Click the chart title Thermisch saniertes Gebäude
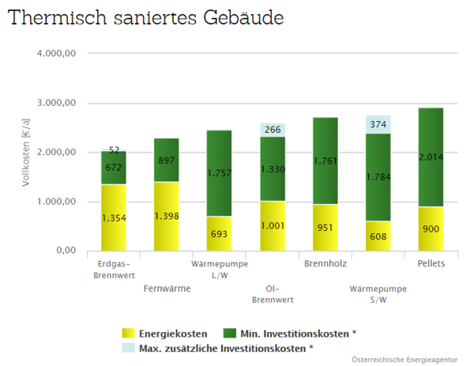(x=146, y=18)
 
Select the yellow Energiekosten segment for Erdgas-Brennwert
(x=114, y=217)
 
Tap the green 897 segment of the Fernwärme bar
(x=166, y=160)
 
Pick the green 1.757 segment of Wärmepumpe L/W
(x=219, y=173)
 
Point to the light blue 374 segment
(x=378, y=124)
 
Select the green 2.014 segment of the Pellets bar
(x=430, y=157)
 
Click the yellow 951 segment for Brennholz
(x=325, y=228)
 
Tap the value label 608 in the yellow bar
(x=378, y=236)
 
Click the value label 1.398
(x=166, y=217)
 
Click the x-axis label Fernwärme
(x=167, y=289)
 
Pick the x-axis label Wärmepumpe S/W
(x=378, y=294)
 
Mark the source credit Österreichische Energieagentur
(x=404, y=360)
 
